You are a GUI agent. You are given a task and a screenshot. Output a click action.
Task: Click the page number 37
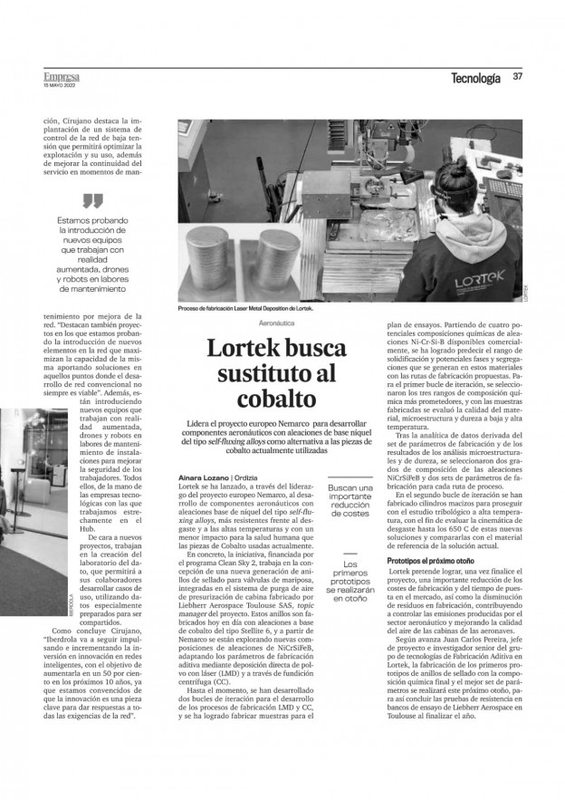[x=518, y=78]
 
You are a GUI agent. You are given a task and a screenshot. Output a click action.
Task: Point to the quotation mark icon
[x=92, y=200]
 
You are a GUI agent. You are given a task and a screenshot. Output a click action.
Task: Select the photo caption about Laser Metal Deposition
[x=246, y=309]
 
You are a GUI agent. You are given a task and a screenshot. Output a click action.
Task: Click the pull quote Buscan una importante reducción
[x=350, y=500]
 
